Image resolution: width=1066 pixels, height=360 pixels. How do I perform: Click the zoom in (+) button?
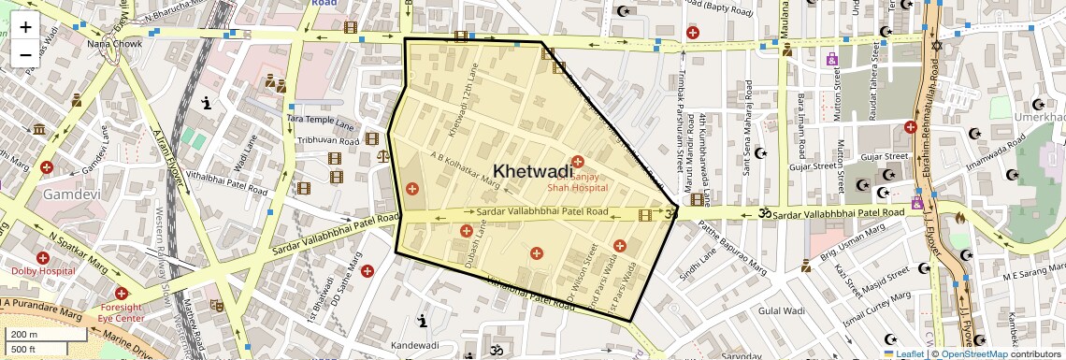pyautogui.click(x=25, y=27)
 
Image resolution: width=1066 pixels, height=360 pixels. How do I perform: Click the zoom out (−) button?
pyautogui.click(x=25, y=54)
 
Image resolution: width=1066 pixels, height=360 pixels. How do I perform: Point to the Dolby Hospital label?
pyautogui.click(x=43, y=271)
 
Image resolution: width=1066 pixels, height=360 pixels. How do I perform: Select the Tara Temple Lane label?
pyautogui.click(x=321, y=122)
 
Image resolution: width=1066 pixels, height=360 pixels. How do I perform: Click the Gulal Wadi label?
pyautogui.click(x=782, y=310)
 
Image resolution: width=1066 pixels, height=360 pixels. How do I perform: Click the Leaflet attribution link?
pyautogui.click(x=904, y=353)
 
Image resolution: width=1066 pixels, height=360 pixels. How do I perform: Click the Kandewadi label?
pyautogui.click(x=414, y=345)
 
